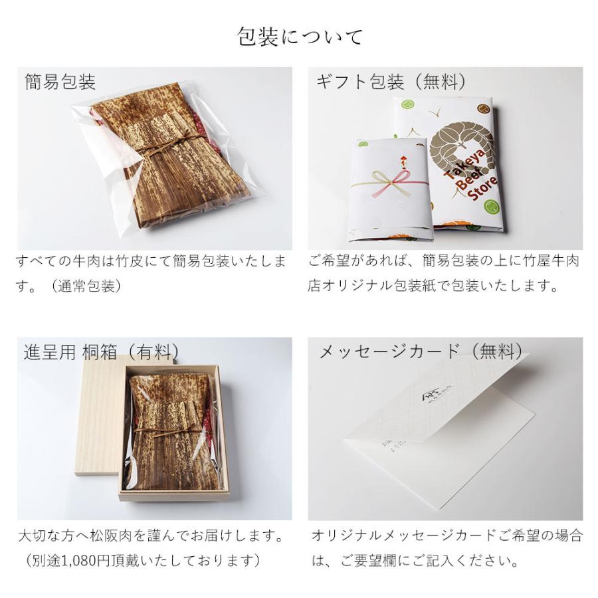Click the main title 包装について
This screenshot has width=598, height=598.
click(x=300, y=37)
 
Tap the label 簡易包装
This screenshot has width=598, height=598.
click(x=60, y=82)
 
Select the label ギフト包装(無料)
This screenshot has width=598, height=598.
click(x=391, y=82)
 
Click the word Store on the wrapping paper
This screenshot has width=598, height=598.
click(x=482, y=189)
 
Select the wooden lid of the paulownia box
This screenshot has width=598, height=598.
click(x=100, y=415)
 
